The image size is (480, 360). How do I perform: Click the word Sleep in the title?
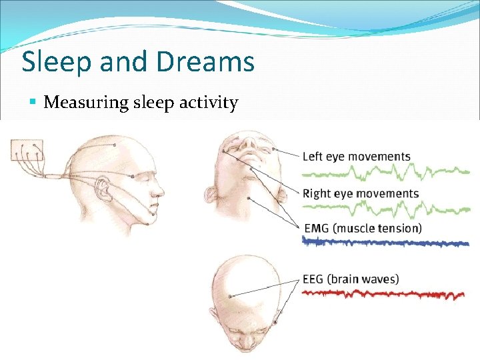(x=55, y=62)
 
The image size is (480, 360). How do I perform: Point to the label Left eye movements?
(x=356, y=157)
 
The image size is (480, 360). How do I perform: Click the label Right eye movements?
(x=361, y=194)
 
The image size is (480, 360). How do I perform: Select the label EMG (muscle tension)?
(x=362, y=229)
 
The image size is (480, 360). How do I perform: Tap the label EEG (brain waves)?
(x=351, y=279)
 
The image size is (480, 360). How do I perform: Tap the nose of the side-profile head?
(x=161, y=189)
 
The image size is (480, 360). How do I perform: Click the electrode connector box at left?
(x=27, y=151)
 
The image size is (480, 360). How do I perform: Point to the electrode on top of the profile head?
(x=115, y=145)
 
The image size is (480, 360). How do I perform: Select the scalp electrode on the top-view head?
(x=231, y=295)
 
